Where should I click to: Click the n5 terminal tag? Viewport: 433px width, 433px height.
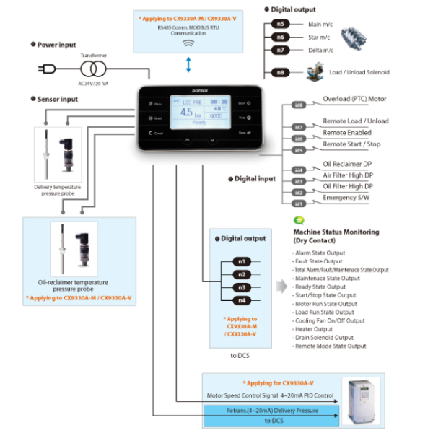tap(282, 24)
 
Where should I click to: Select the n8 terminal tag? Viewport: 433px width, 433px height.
tap(282, 73)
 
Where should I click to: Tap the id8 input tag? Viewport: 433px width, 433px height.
tap(298, 105)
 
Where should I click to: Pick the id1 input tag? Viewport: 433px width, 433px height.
tap(298, 204)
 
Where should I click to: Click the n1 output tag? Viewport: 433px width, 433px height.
tap(242, 261)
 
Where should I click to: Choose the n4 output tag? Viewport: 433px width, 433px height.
tap(242, 300)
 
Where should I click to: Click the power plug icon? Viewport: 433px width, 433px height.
tap(45, 69)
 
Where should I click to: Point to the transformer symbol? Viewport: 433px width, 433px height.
tap(92, 69)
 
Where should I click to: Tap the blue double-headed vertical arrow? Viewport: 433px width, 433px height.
tap(189, 66)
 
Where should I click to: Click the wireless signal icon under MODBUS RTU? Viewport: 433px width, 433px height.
tap(189, 43)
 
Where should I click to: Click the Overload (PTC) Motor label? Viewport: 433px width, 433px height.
tap(354, 99)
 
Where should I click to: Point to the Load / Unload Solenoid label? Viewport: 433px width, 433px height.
tap(359, 72)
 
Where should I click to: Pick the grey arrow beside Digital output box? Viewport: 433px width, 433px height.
tap(281, 287)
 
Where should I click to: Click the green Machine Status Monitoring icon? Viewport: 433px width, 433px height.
tap(298, 220)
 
